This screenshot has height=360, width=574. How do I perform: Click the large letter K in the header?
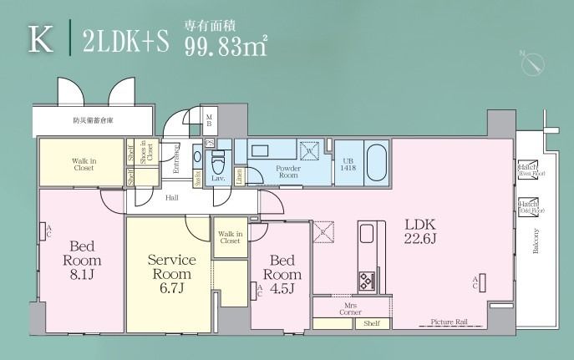click(x=38, y=38)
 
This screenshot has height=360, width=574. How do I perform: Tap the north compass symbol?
click(x=532, y=63)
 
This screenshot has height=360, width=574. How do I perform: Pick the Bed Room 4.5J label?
click(x=282, y=267)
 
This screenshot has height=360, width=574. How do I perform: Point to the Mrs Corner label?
click(x=350, y=308)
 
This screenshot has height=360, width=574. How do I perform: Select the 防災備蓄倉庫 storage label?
click(x=92, y=122)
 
